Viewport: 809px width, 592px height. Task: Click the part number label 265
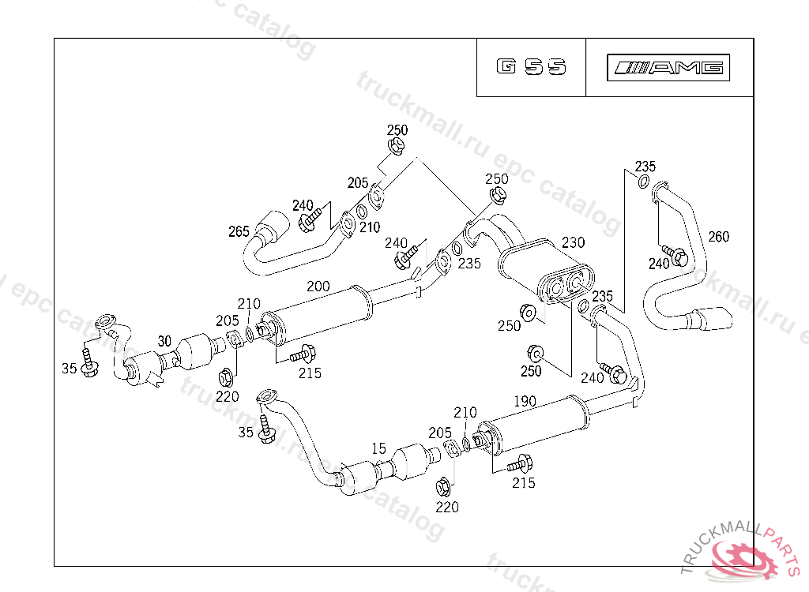(x=239, y=231)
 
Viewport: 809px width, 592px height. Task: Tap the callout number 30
(x=164, y=341)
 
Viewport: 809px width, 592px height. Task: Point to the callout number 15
(x=379, y=448)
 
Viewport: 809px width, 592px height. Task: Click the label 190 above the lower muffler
(x=525, y=401)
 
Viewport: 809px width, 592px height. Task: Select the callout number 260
(x=719, y=236)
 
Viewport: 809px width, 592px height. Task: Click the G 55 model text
(x=532, y=67)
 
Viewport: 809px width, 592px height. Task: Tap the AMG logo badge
(x=669, y=68)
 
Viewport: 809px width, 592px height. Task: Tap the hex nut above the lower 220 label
(x=444, y=485)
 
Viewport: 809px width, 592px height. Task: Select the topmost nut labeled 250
(x=397, y=146)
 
